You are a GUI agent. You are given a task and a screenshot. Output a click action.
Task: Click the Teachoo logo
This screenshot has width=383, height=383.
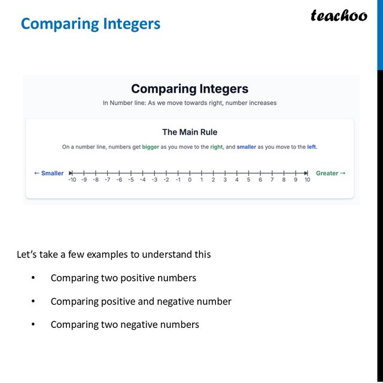click(x=339, y=16)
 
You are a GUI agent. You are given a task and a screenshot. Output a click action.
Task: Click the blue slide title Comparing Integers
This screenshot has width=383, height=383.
click(x=90, y=24)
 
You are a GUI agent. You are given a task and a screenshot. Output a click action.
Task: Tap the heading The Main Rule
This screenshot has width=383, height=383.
click(x=189, y=132)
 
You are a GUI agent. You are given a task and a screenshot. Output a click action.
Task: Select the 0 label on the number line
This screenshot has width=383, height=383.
click(x=190, y=180)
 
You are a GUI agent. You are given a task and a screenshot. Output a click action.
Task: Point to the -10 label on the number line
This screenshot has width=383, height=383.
click(x=72, y=180)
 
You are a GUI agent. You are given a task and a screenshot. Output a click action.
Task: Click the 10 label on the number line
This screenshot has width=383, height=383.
click(x=307, y=180)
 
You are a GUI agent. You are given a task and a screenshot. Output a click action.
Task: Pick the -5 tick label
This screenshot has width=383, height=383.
click(x=130, y=180)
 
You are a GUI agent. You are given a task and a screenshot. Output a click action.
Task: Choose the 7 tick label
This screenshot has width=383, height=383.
click(x=272, y=180)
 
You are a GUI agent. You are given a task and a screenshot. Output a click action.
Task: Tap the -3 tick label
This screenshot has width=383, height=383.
click(x=154, y=180)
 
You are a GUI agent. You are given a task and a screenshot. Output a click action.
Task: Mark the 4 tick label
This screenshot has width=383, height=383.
click(x=236, y=180)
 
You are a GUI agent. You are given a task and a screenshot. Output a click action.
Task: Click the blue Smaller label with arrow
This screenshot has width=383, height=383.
click(x=48, y=173)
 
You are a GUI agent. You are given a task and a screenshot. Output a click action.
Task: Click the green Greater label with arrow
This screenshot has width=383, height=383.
click(x=330, y=173)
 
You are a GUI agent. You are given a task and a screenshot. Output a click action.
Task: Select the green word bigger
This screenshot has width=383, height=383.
click(x=150, y=147)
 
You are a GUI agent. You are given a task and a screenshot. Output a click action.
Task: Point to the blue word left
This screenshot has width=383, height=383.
click(x=311, y=147)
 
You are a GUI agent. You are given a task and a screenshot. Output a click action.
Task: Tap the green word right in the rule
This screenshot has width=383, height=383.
click(x=216, y=147)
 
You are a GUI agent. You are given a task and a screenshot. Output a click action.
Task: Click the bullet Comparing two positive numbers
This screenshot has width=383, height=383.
click(x=123, y=278)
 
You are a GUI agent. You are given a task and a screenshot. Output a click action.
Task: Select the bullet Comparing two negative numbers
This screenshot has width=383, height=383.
click(x=124, y=325)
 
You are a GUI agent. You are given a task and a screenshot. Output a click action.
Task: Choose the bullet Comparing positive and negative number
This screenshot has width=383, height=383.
click(x=141, y=302)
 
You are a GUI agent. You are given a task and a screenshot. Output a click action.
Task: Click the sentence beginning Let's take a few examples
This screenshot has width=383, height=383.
click(x=114, y=254)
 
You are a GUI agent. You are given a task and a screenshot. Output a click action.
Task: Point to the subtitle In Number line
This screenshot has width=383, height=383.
click(x=189, y=103)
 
